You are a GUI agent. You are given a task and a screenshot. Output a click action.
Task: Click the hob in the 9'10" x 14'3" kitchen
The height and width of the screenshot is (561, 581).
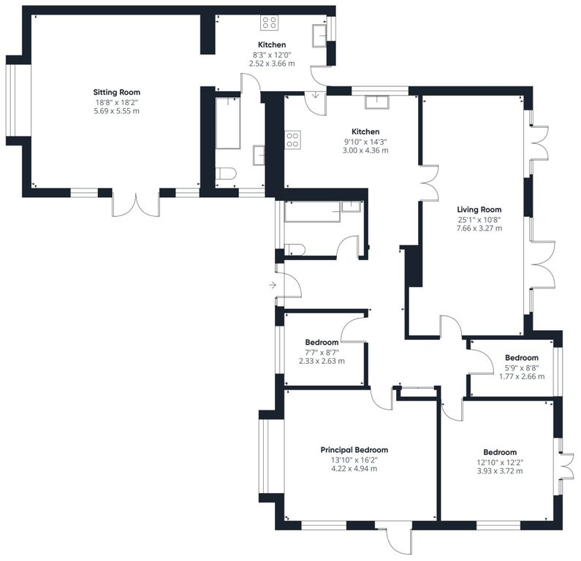tap(293, 139)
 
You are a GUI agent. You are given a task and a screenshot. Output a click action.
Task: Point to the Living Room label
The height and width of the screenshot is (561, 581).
tap(479, 210)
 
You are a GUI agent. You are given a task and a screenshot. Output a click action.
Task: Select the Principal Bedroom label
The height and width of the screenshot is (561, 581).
tap(354, 450)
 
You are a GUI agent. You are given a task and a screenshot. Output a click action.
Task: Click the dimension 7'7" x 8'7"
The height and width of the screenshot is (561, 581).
tap(322, 351)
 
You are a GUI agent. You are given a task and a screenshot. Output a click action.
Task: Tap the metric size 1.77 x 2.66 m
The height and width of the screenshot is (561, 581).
tap(521, 376)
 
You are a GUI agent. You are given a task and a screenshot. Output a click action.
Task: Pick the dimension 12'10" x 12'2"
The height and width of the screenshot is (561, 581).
tap(499, 462)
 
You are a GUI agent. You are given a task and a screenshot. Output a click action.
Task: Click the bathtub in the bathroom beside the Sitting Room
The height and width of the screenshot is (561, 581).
tap(228, 123)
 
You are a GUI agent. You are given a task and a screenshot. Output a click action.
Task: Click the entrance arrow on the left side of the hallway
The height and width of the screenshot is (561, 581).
tap(273, 285)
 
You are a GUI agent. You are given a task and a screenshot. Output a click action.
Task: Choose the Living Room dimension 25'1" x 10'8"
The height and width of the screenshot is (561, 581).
tap(479, 219)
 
